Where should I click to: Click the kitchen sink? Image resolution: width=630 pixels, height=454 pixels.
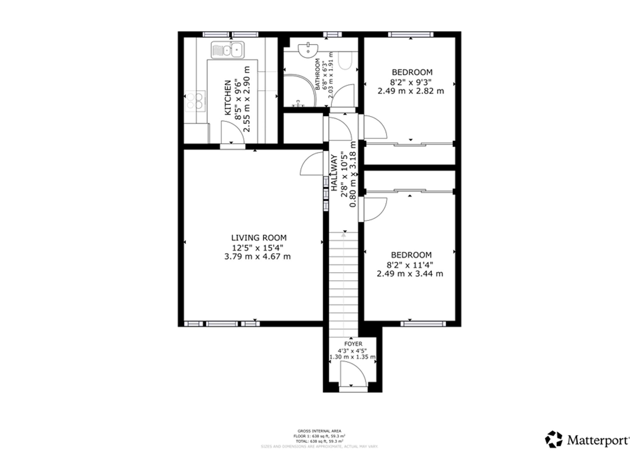coord(227,50)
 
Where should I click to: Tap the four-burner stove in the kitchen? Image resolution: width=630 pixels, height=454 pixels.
coord(195,101)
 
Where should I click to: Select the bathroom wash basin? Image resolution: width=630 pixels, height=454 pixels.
coord(308,50)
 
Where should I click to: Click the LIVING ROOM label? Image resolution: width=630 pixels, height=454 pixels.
coord(259,238)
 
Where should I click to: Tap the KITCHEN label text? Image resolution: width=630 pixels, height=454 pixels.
coord(228,98)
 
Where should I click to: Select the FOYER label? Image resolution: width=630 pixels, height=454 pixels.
coord(353,344)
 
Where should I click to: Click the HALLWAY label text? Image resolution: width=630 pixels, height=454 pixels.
coord(334,173)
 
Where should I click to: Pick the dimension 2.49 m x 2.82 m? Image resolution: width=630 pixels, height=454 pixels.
coord(411,91)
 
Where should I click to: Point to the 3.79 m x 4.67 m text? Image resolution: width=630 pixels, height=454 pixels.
coord(257,257)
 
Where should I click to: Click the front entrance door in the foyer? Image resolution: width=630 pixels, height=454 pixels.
coord(353,374)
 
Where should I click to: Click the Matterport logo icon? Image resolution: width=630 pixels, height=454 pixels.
coord(554,439)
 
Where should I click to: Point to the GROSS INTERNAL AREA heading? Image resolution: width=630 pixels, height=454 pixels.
coord(319,431)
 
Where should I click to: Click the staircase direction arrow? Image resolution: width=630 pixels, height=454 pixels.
coord(344,234)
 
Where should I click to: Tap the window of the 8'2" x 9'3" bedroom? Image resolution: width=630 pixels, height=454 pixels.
coord(410,35)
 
